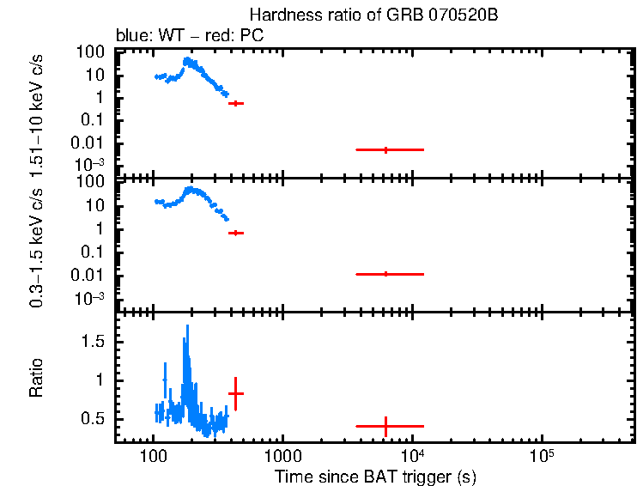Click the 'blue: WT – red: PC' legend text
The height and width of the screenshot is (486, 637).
coord(189,36)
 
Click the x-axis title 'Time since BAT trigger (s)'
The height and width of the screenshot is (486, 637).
coord(375,476)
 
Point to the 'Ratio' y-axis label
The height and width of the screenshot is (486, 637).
coord(37,378)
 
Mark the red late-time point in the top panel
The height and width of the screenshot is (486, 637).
coord(385,149)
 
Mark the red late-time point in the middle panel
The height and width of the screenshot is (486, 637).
coord(385,274)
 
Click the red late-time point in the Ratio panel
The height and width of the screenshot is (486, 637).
coord(385,426)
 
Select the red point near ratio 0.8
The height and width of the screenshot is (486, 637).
coord(235,393)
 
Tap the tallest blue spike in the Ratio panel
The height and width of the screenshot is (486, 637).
coord(187,327)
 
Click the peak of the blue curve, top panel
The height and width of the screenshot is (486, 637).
coord(186,58)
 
